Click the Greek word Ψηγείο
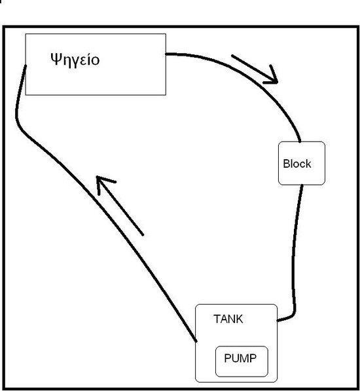tap(75, 60)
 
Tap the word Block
tap(297, 164)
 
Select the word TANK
tap(228, 319)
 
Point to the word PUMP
tap(240, 358)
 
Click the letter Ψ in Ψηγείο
tap(56, 59)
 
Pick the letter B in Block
tap(287, 164)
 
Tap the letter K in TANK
tap(240, 319)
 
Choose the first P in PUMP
tap(228, 358)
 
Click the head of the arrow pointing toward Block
tap(276, 83)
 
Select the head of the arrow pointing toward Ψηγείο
tap(98, 177)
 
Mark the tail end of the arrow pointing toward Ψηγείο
tap(143, 234)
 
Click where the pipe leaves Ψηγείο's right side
tap(166, 54)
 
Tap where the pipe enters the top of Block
tap(300, 141)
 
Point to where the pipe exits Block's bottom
tap(302, 185)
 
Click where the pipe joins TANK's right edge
tap(278, 320)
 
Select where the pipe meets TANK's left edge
tap(196, 341)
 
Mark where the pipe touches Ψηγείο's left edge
tap(26, 66)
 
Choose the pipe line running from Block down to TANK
tap(294, 252)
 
